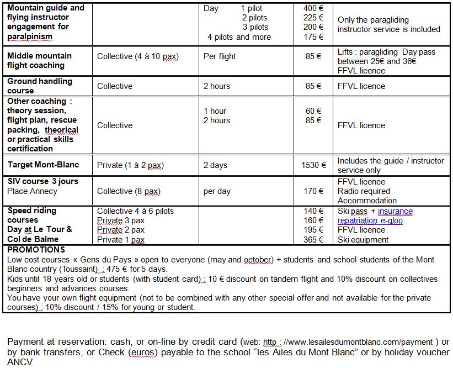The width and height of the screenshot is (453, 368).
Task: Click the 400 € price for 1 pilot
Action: point(313,8)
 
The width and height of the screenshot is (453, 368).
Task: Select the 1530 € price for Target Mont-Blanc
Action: point(312,165)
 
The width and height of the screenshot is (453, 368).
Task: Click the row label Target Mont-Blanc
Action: point(43,165)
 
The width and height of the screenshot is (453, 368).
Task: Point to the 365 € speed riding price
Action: point(313,240)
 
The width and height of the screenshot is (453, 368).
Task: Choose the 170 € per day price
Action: point(313,191)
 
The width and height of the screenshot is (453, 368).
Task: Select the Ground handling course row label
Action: point(40,86)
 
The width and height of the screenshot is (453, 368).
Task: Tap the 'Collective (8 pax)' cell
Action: point(129,191)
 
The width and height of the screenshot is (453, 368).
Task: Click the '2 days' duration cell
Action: point(216,165)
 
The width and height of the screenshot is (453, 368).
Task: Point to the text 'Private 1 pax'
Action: point(121,240)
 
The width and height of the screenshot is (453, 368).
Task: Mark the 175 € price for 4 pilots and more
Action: point(313,37)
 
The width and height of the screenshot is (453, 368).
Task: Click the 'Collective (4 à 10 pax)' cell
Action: point(138,56)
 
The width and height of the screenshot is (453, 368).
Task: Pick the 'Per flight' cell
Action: point(220,56)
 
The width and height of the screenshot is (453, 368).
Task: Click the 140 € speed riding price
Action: point(313,211)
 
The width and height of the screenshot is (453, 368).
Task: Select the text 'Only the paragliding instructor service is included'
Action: point(388,24)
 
